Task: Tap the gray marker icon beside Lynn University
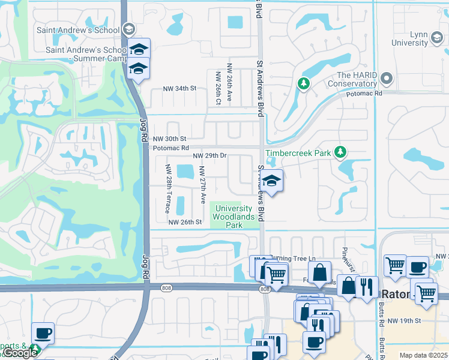(x=436, y=40)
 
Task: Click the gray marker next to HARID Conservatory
(x=387, y=78)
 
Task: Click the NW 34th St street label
(x=180, y=89)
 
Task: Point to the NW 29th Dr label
(x=209, y=156)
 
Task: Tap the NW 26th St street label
(x=184, y=222)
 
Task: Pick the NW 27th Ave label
(x=203, y=188)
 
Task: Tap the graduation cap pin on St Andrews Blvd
(x=271, y=181)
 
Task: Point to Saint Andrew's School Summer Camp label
(x=83, y=54)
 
